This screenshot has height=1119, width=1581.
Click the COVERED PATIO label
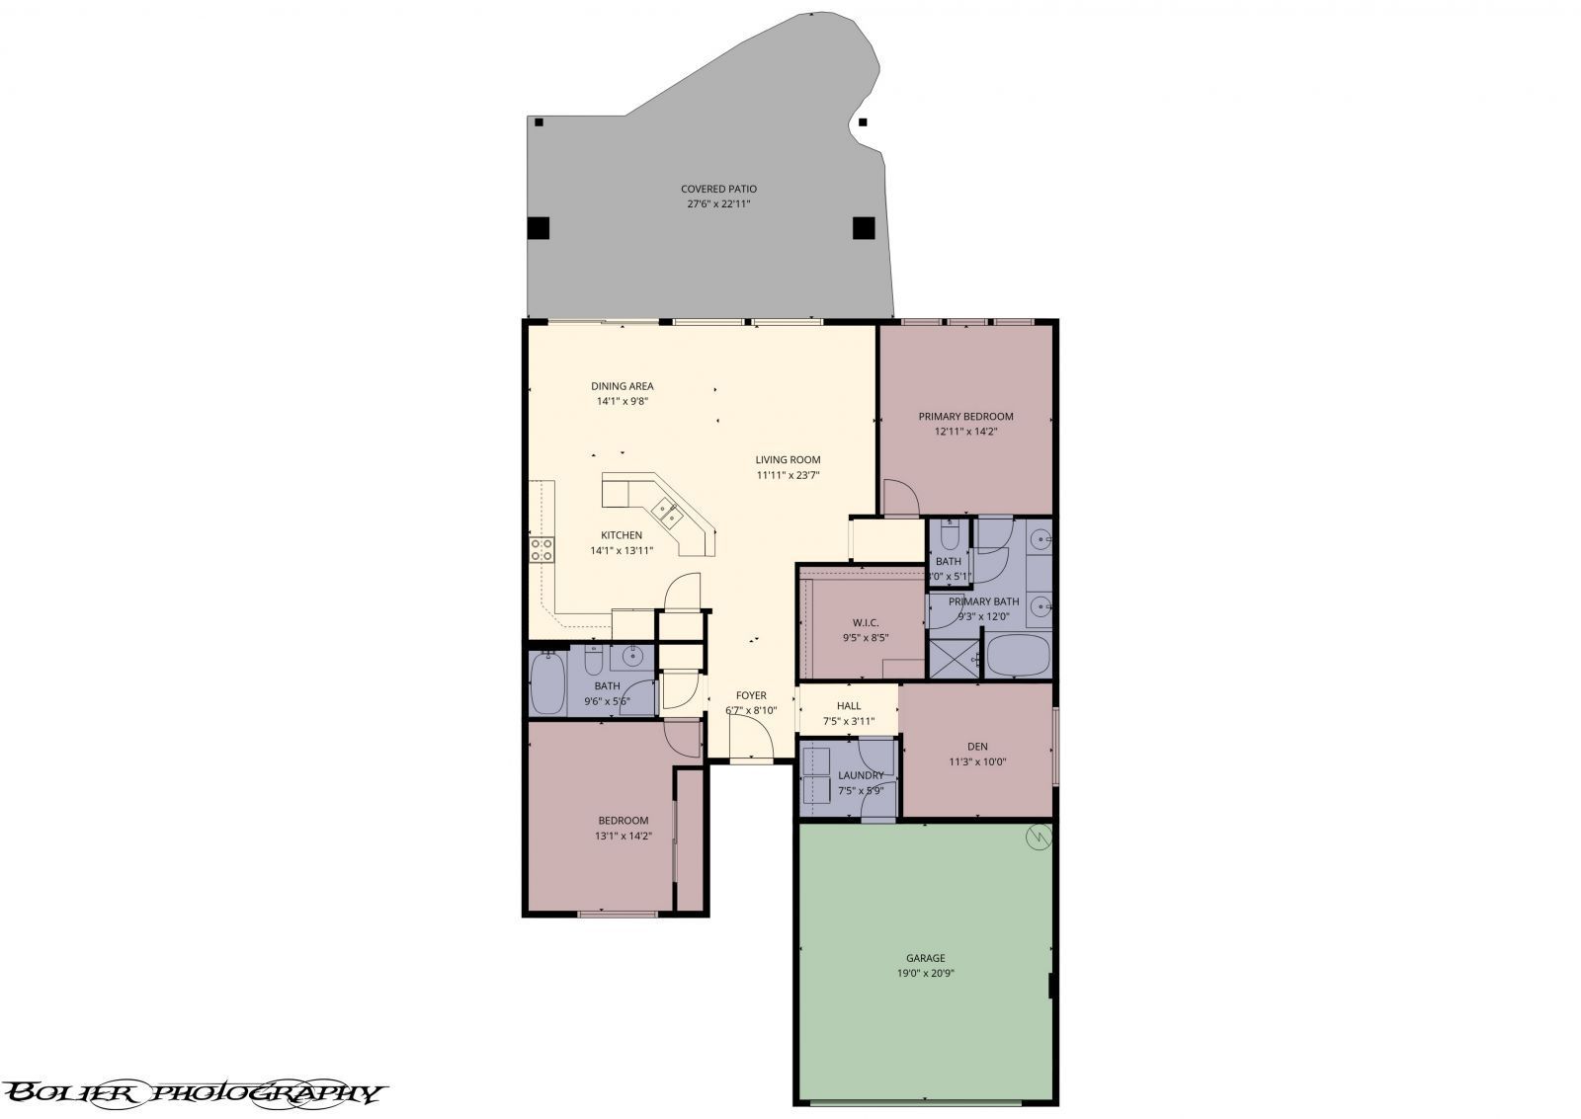click(718, 189)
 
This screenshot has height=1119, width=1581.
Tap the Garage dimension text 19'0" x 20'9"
click(925, 973)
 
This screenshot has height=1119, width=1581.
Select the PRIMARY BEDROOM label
click(965, 417)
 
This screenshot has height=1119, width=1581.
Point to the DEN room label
click(977, 747)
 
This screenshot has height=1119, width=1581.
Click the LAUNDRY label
click(860, 775)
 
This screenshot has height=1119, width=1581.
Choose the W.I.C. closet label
click(866, 622)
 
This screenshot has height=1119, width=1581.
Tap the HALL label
click(848, 706)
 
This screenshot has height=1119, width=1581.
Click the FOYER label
click(750, 695)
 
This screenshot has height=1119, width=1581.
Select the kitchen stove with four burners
click(541, 550)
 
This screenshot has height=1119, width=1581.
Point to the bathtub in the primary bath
click(1018, 657)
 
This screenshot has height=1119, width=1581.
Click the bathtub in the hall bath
click(546, 683)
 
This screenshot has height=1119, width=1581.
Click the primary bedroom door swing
click(899, 498)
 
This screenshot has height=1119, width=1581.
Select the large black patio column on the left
click(538, 228)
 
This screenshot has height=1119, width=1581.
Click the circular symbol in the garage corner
click(1039, 838)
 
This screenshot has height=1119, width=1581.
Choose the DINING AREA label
click(622, 386)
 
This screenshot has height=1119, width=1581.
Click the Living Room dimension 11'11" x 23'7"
click(788, 475)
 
